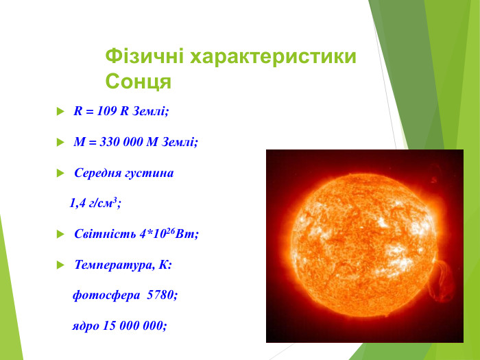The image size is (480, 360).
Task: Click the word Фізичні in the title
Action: pyautogui.click(x=144, y=57)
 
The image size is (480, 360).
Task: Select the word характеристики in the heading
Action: pyautogui.click(x=274, y=57)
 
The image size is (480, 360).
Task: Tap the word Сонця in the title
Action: pyautogui.click(x=138, y=81)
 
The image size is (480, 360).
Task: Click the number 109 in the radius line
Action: pyautogui.click(x=107, y=111)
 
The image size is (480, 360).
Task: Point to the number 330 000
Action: pyautogui.click(x=121, y=142)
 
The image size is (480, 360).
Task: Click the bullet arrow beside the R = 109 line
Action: pyautogui.click(x=60, y=111)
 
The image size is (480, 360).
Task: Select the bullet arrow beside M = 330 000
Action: pyautogui.click(x=60, y=143)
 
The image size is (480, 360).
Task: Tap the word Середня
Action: pyautogui.click(x=97, y=173)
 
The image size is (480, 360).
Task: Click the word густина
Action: pyautogui.click(x=149, y=173)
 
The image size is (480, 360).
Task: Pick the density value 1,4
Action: pyautogui.click(x=77, y=203)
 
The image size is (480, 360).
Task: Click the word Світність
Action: pyautogui.click(x=105, y=234)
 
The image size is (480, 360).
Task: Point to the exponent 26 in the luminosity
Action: pyautogui.click(x=171, y=230)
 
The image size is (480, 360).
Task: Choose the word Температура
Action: pyautogui.click(x=113, y=265)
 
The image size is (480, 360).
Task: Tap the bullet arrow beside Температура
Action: pyautogui.click(x=60, y=265)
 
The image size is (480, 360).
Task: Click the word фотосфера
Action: pyautogui.click(x=106, y=296)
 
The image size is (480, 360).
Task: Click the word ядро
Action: pyautogui.click(x=86, y=326)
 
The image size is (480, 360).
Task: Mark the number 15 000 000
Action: pyautogui.click(x=133, y=326)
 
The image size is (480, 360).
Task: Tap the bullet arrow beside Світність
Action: pyautogui.click(x=60, y=235)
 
